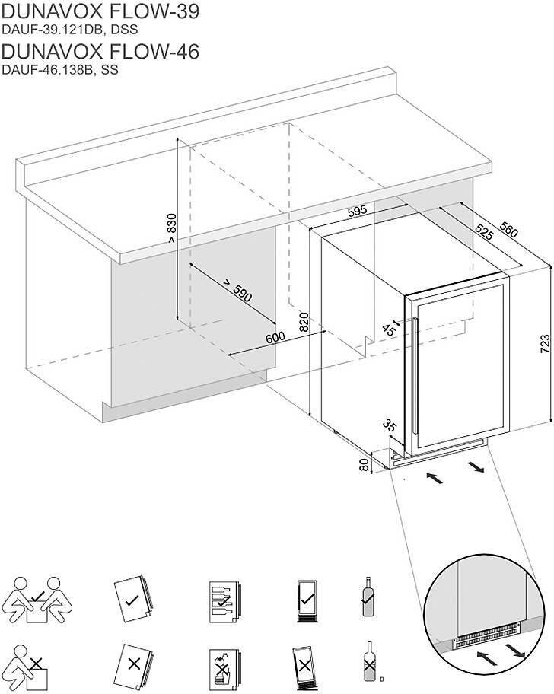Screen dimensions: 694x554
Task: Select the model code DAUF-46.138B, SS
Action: pyautogui.click(x=61, y=69)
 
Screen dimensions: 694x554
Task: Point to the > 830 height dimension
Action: pyautogui.click(x=171, y=228)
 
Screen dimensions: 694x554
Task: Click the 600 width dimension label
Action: pyautogui.click(x=275, y=337)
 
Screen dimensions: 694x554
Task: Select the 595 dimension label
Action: pyautogui.click(x=358, y=211)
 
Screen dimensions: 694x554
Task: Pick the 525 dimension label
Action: pyautogui.click(x=482, y=232)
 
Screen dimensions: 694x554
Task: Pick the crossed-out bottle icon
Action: pyautogui.click(x=371, y=662)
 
